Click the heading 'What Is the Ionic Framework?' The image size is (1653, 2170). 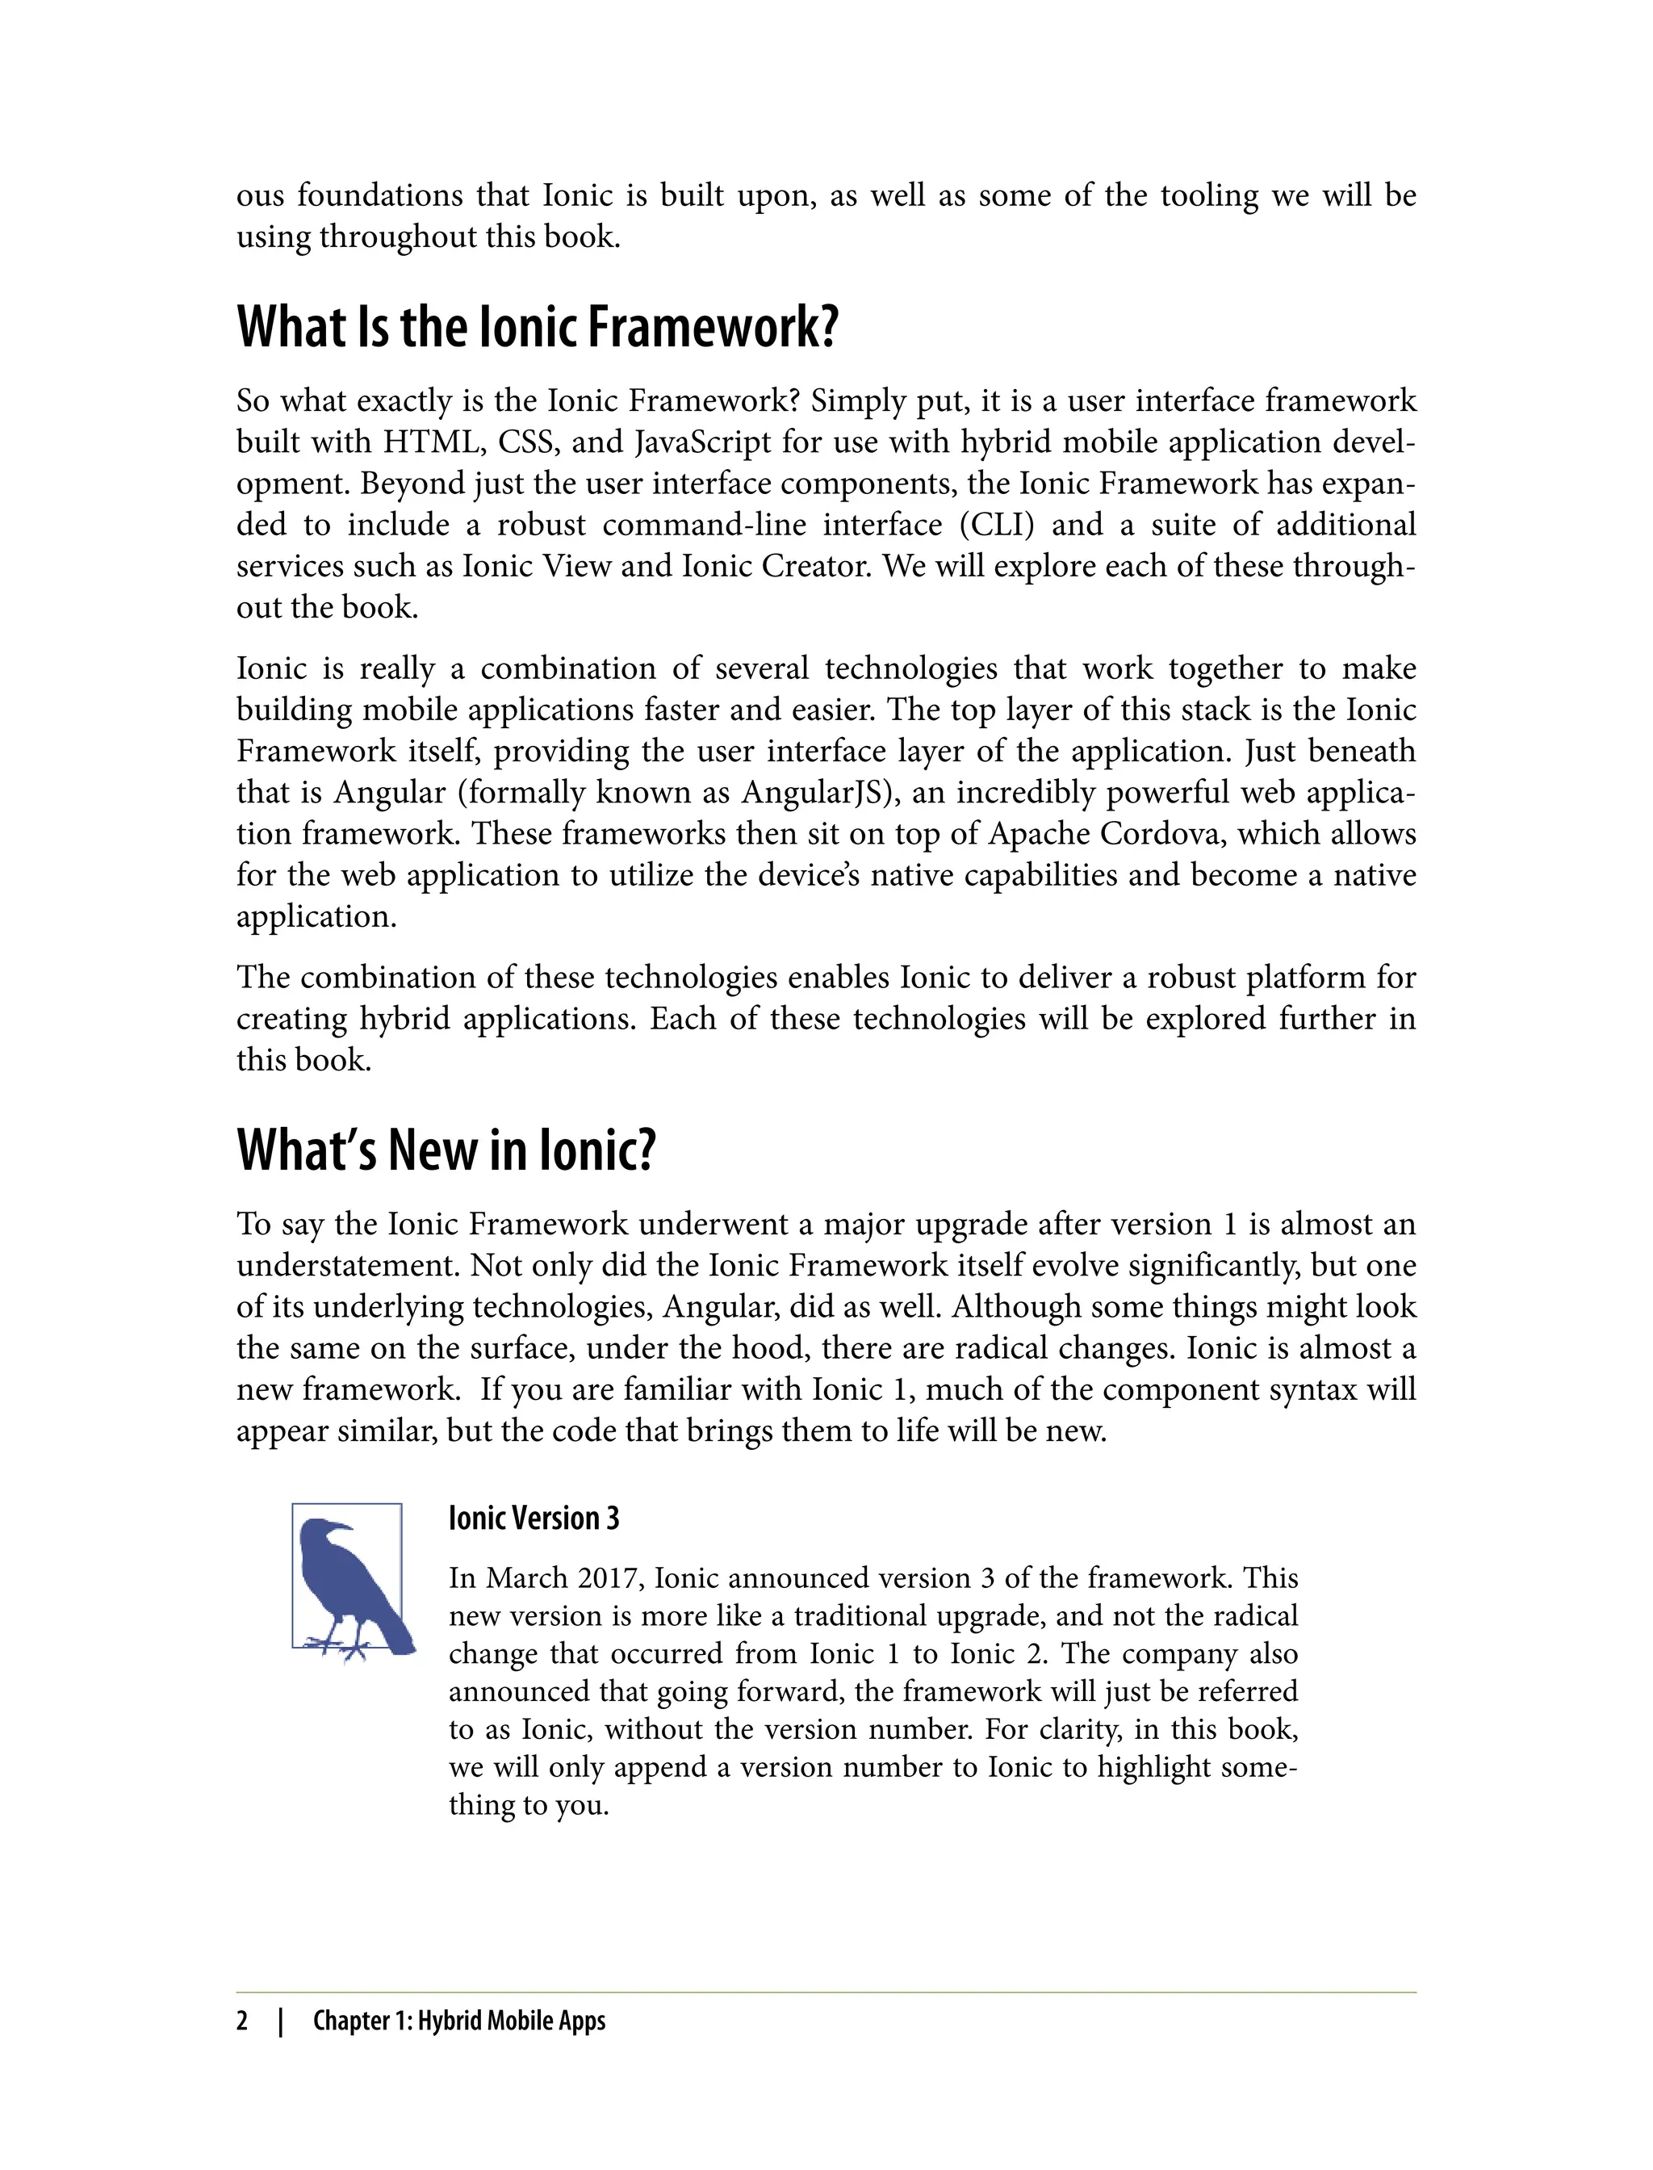538,328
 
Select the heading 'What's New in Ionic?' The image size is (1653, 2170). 446,1150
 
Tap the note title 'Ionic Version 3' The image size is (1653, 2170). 534,1519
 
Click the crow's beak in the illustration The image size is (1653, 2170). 341,1527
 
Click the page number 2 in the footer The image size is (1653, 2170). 242,2021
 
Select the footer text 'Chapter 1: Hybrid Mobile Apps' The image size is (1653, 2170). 458,2021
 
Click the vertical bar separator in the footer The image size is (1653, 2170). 280,2021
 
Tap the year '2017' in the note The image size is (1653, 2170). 610,1578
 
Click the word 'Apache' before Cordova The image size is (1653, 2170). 1038,834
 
